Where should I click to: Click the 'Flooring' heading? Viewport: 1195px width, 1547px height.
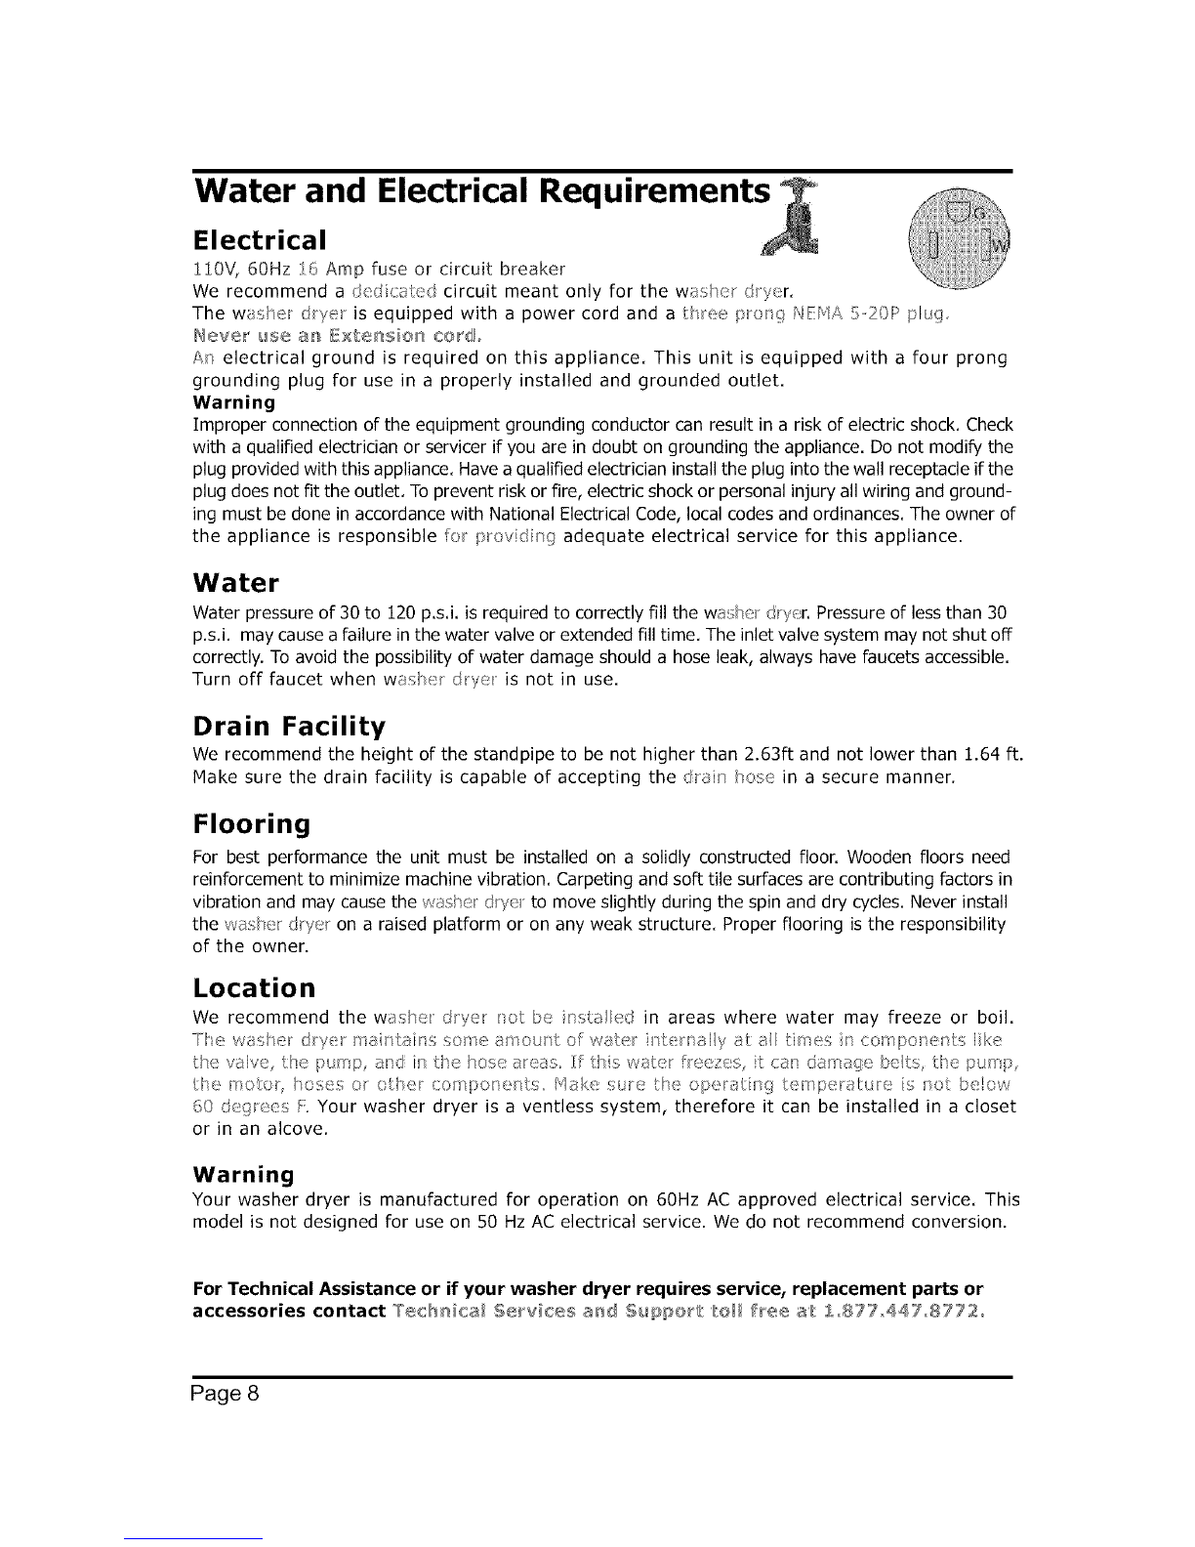point(252,825)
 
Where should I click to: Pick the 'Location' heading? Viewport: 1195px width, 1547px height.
point(255,983)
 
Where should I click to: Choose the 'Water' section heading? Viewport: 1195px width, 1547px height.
point(236,584)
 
